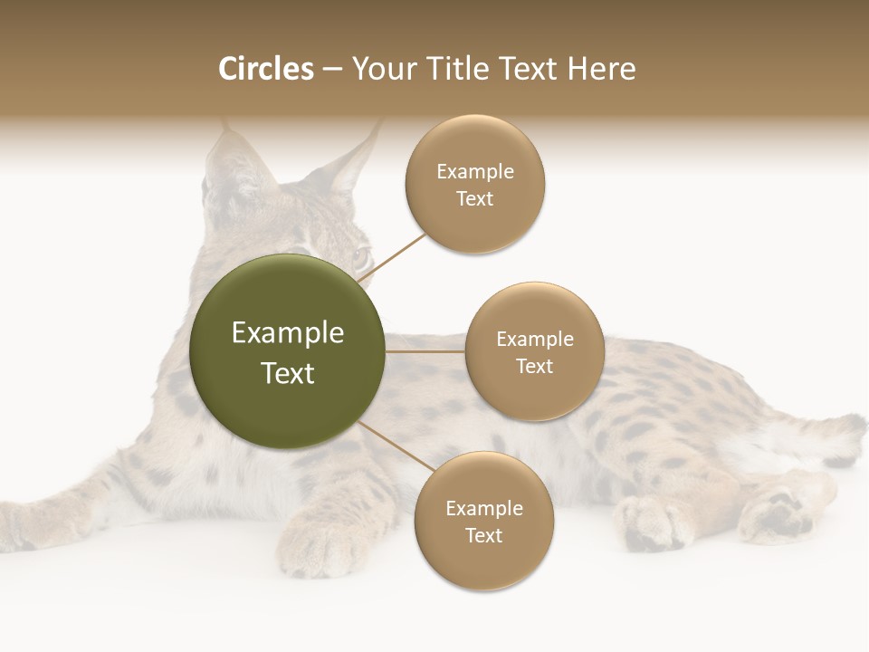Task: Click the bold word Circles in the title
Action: pyautogui.click(x=266, y=69)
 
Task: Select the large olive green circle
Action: pyautogui.click(x=288, y=351)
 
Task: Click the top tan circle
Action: pyautogui.click(x=475, y=184)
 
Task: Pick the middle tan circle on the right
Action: pyautogui.click(x=535, y=351)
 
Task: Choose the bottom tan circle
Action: pyautogui.click(x=483, y=522)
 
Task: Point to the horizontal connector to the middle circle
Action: pyautogui.click(x=425, y=351)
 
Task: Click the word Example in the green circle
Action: pyautogui.click(x=288, y=333)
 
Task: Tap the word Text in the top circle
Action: pyautogui.click(x=475, y=199)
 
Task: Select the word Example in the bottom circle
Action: pyautogui.click(x=483, y=508)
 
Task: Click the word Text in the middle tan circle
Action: pyautogui.click(x=535, y=366)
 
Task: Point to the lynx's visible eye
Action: pyautogui.click(x=360, y=257)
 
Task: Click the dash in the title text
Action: pyautogui.click(x=332, y=70)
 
